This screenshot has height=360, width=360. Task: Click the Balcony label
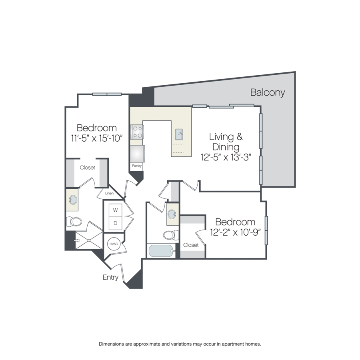(268, 92)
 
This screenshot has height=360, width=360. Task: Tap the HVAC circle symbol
(114, 244)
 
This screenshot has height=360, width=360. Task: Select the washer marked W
(116, 210)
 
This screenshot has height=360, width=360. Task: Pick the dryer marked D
(116, 223)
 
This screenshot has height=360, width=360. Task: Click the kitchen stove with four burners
(137, 132)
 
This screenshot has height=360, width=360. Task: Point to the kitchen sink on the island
(179, 134)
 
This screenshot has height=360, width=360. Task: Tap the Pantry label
(137, 166)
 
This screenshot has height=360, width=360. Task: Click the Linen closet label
(109, 193)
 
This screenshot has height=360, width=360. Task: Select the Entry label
(110, 277)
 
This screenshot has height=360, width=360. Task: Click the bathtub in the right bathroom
(161, 251)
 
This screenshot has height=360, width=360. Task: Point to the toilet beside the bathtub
(171, 235)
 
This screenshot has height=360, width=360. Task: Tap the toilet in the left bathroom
(74, 222)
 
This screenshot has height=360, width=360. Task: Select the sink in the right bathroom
(172, 214)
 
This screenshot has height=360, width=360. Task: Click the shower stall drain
(89, 240)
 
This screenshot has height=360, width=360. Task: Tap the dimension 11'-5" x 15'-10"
(97, 138)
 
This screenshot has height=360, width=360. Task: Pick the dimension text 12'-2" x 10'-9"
(235, 232)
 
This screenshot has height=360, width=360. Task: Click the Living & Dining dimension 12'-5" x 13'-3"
(226, 158)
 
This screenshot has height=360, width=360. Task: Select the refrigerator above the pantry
(137, 154)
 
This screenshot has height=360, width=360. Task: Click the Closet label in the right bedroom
(191, 245)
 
